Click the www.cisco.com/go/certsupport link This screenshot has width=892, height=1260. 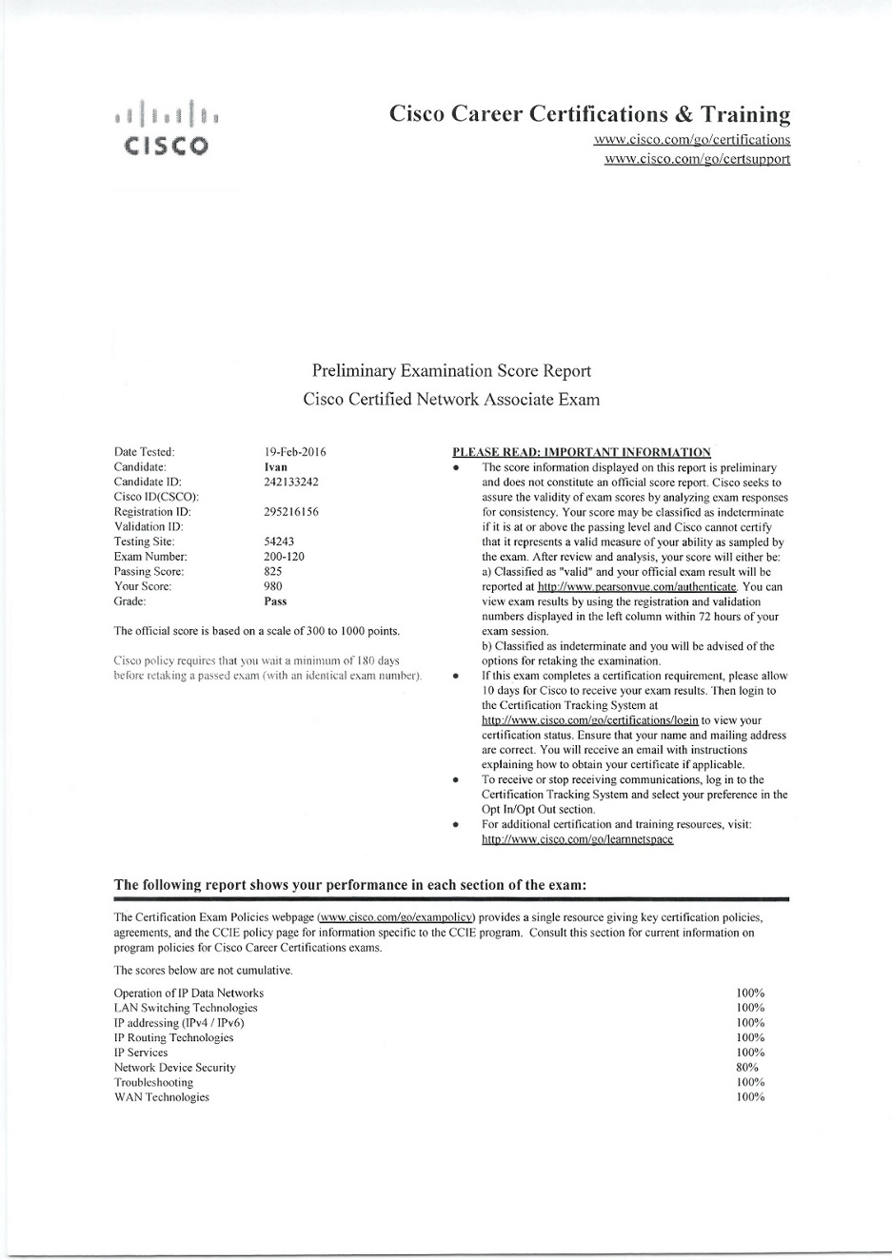coord(697,158)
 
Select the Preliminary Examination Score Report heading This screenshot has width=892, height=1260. coord(451,371)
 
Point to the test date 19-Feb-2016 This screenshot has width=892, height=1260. coord(295,452)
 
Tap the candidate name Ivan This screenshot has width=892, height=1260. coord(275,467)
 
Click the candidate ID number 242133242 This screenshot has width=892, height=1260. coord(291,482)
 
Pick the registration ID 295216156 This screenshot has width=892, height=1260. coord(291,512)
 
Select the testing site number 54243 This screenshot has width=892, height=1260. coord(279,541)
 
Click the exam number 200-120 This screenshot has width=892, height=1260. coord(284,557)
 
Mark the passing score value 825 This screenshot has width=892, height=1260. coord(273,571)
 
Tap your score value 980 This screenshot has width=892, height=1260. coord(273,586)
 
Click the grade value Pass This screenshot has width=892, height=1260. coord(275,601)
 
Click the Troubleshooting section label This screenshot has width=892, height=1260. coord(153,1082)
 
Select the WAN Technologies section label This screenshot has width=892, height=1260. coord(161,1097)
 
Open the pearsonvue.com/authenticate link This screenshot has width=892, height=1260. coord(638,587)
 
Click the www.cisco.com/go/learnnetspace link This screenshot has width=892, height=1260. coord(577,839)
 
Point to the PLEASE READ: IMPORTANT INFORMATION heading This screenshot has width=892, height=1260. coord(581,452)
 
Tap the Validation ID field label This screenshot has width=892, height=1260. coord(149,526)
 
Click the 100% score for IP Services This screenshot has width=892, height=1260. coord(750,1053)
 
